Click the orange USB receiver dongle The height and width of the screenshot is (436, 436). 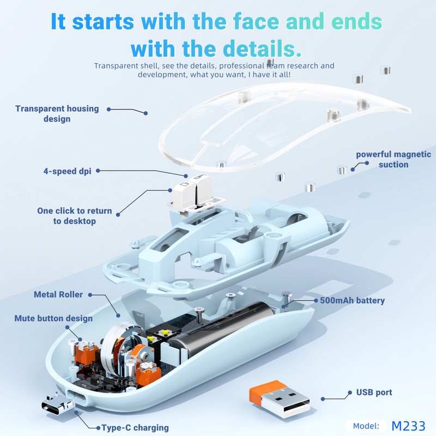(280, 399)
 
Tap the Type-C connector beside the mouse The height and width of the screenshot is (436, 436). (57, 404)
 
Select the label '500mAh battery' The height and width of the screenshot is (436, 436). (352, 300)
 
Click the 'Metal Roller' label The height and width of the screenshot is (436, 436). (58, 294)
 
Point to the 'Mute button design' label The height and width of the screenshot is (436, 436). (53, 318)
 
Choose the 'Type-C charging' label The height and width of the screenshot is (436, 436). (135, 428)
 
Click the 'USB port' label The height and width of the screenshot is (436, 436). (374, 392)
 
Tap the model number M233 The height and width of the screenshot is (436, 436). (408, 426)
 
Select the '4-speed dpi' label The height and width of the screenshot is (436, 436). (67, 171)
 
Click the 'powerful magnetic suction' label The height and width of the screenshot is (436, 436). (393, 159)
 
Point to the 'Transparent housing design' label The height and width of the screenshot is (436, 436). (57, 114)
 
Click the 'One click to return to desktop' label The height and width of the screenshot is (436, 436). (75, 216)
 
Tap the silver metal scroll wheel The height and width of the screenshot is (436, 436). (113, 349)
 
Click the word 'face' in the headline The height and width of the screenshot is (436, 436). (256, 21)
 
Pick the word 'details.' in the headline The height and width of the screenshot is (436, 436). (262, 49)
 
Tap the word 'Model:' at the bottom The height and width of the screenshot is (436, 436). (366, 426)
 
